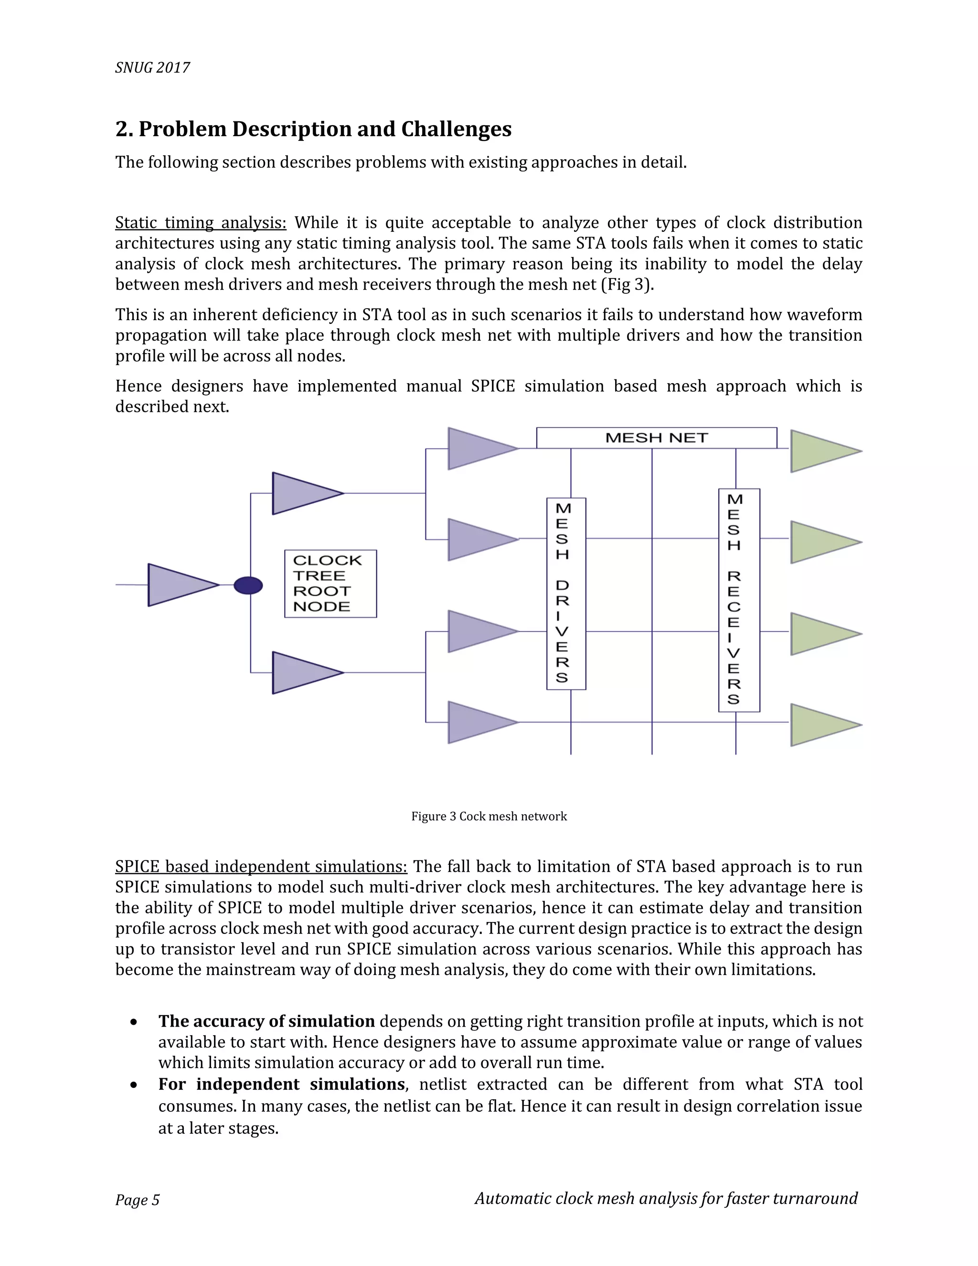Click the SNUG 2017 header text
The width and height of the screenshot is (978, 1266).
pos(152,68)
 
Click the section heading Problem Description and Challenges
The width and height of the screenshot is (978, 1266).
pos(313,129)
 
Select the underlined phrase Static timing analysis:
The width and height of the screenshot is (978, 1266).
pos(201,223)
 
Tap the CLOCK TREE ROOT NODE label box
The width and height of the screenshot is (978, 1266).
pos(330,583)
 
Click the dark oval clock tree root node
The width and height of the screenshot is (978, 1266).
pos(248,586)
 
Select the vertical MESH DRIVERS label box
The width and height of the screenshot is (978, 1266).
pos(566,593)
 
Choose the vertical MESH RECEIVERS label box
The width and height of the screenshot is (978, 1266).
pos(739,600)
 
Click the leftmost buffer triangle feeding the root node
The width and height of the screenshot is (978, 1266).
pos(181,585)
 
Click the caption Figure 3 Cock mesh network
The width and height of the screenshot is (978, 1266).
pos(489,816)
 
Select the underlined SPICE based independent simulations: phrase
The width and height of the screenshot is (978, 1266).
pos(261,867)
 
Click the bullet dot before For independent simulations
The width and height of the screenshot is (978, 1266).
pos(134,1084)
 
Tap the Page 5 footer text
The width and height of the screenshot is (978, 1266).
pos(138,1200)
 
